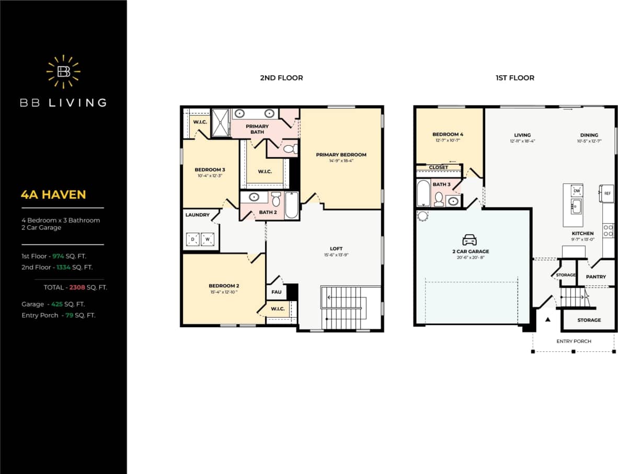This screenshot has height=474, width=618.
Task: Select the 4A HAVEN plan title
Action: click(53, 195)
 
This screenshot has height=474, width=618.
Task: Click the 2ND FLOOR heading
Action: click(281, 78)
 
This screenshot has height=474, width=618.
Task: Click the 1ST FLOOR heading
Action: click(515, 78)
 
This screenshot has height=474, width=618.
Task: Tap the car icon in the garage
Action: click(470, 240)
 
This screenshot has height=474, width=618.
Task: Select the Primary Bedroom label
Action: click(341, 155)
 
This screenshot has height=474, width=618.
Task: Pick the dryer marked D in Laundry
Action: click(193, 239)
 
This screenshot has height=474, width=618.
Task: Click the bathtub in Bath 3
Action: click(424, 193)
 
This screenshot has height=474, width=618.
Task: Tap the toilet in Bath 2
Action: click(276, 199)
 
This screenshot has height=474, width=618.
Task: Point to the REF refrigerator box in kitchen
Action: click(607, 193)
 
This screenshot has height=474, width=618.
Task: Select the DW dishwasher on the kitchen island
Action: click(576, 191)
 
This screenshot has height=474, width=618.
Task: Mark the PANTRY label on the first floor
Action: click(596, 276)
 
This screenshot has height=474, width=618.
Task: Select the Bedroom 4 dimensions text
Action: click(448, 140)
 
